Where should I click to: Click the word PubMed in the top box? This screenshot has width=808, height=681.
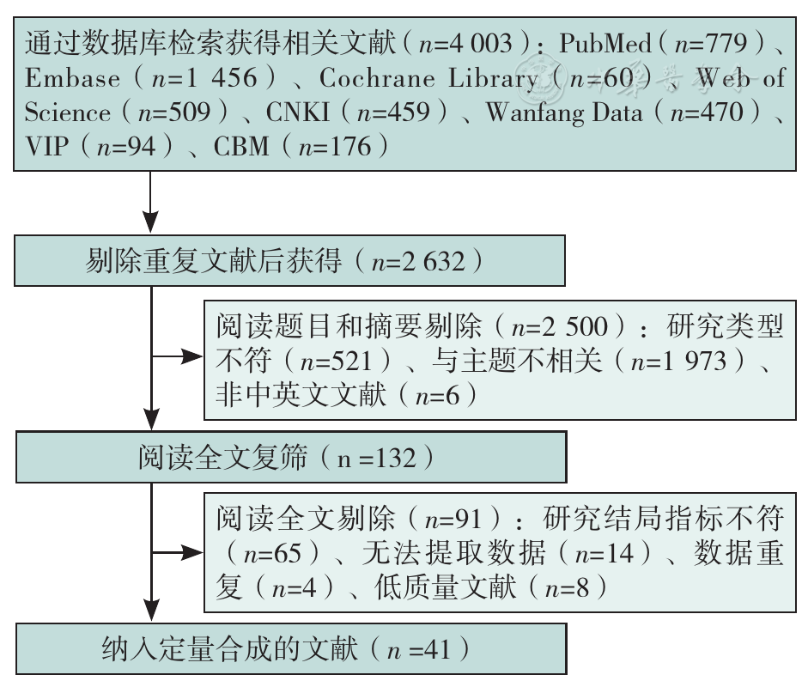[605, 43]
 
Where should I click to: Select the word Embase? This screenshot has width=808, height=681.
[73, 78]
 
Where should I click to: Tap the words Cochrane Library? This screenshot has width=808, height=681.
[428, 78]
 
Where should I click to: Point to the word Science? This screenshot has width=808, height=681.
[68, 112]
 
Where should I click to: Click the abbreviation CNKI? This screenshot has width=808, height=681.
[297, 112]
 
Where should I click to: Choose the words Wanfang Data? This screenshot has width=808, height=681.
[564, 113]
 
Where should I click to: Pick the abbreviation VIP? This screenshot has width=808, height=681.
[46, 146]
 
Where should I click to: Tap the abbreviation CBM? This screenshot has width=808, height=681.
[241, 146]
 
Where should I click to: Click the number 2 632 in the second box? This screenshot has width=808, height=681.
[434, 262]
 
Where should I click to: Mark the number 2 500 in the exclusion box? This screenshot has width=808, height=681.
[575, 327]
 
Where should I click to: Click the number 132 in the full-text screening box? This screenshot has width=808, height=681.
[395, 458]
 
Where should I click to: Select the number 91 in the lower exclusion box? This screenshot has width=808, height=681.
[469, 519]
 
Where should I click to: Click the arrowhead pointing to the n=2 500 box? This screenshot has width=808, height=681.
[194, 356]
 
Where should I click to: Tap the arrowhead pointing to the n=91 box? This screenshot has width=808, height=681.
[194, 553]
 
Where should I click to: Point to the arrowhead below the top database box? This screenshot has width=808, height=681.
[150, 222]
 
